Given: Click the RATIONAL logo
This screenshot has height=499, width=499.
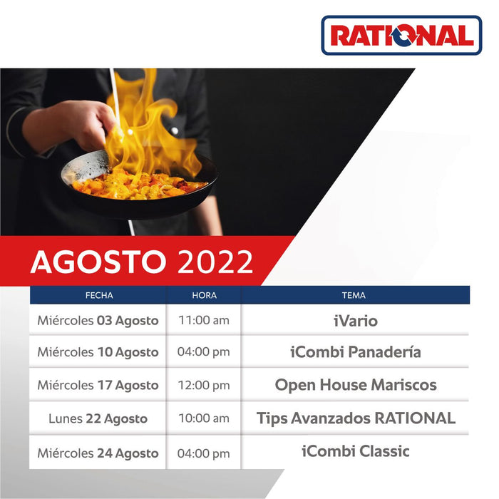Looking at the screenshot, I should (x=401, y=36).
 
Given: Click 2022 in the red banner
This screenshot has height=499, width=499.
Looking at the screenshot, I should (x=215, y=262).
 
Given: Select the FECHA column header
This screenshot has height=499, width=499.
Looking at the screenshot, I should (x=98, y=295).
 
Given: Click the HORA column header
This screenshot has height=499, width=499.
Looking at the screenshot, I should (x=204, y=295).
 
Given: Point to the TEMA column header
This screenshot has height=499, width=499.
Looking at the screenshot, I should (x=354, y=295).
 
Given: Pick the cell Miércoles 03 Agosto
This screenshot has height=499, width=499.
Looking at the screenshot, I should (x=98, y=321).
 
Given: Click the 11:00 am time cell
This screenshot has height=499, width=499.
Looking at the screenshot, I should (x=204, y=321).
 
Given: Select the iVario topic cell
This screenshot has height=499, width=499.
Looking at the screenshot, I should (x=355, y=321).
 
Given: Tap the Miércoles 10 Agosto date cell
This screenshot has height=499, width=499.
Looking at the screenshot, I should (x=98, y=352).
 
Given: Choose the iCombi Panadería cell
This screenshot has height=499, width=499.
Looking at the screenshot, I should (x=355, y=352).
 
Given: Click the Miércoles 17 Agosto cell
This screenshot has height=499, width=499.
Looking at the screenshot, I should (x=98, y=385).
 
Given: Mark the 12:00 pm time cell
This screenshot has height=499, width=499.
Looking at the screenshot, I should (x=204, y=386).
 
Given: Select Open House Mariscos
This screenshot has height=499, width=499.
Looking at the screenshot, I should (x=355, y=385).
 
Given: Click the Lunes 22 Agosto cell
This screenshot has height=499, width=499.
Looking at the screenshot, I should (x=98, y=418).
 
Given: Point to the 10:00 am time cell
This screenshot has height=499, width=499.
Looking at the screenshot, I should (x=204, y=418).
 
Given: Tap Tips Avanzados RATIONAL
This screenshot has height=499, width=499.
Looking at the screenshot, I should (x=355, y=418).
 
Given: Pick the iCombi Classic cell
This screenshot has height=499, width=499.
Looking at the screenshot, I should (x=355, y=451).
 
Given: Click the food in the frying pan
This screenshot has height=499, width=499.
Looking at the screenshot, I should (x=139, y=184).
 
